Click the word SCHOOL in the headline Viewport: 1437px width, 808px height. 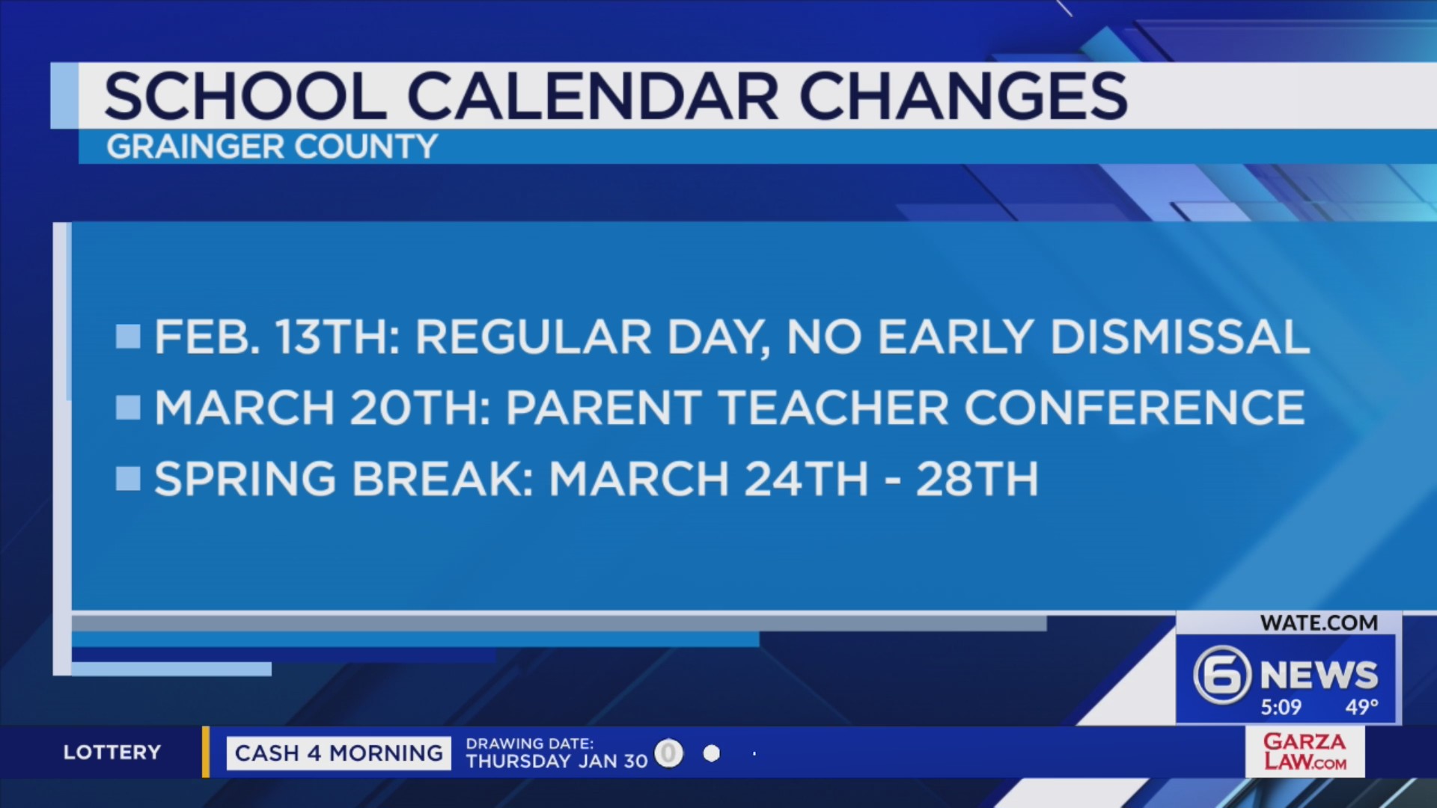point(245,97)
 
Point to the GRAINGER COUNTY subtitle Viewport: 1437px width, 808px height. point(272,147)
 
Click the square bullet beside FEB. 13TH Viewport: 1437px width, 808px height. point(129,337)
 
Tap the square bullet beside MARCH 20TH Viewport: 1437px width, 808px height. point(129,408)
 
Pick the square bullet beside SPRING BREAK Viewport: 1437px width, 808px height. point(129,479)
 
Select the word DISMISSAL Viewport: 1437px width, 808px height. point(1180,337)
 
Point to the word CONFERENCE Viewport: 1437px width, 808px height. point(1134,408)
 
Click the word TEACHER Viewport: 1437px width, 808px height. point(834,408)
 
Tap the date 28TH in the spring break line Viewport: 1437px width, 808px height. point(977,479)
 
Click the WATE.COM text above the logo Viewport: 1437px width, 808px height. point(1318,622)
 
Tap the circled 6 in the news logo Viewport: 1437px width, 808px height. point(1221,675)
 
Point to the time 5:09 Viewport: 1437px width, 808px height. point(1281,707)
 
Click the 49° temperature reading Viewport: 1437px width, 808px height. point(1361,707)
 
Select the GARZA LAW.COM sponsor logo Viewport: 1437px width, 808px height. point(1305,752)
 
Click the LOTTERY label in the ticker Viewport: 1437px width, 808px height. point(112,752)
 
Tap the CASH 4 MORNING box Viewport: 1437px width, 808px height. point(338,753)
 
